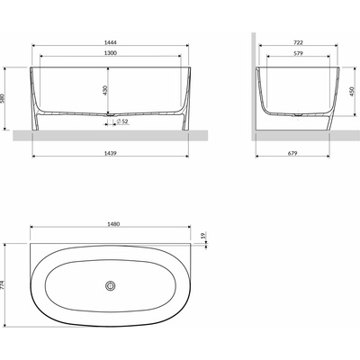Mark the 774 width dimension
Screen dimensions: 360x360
(8, 286)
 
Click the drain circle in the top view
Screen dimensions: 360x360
(111, 286)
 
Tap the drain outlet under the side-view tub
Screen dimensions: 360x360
(297, 118)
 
